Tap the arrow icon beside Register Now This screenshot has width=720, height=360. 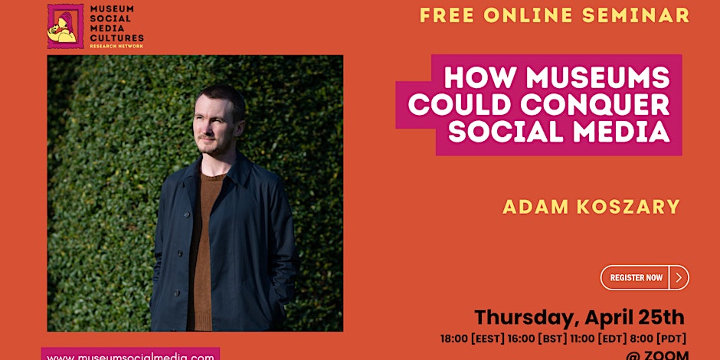(x=679, y=277)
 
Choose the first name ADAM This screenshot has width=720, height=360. (x=528, y=207)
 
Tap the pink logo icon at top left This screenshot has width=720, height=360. (x=66, y=26)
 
